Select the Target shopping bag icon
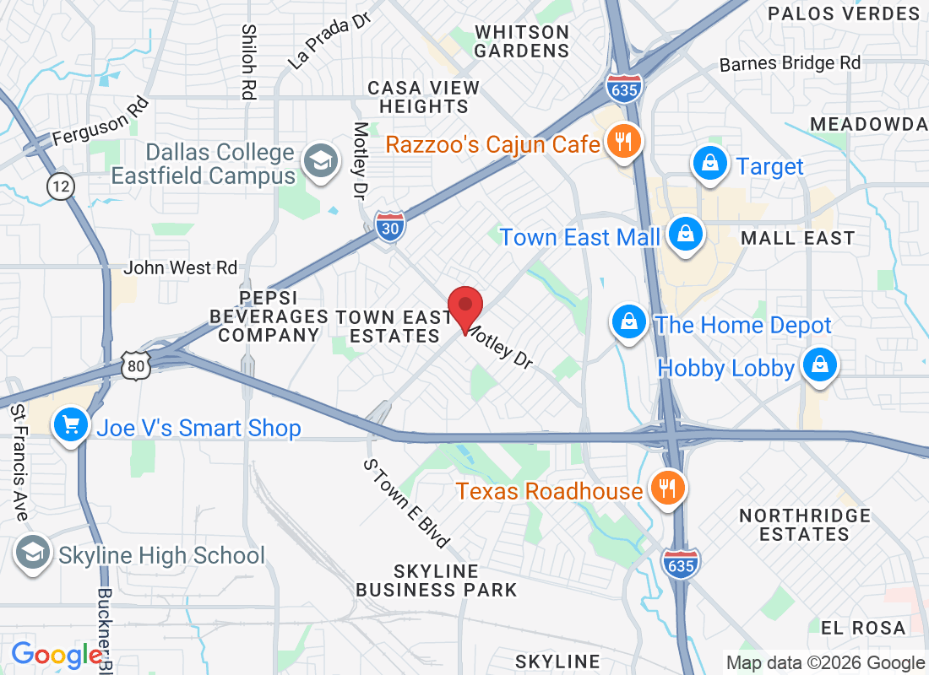711,164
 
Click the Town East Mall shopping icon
685,235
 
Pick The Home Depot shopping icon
629,322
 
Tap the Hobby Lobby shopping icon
818,366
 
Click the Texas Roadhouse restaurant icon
667,488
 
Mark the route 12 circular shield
61,186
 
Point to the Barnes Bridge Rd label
790,63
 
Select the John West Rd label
181,267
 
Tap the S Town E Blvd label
406,503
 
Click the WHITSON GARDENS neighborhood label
521,41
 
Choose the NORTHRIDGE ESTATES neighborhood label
804,524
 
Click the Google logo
57,655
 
